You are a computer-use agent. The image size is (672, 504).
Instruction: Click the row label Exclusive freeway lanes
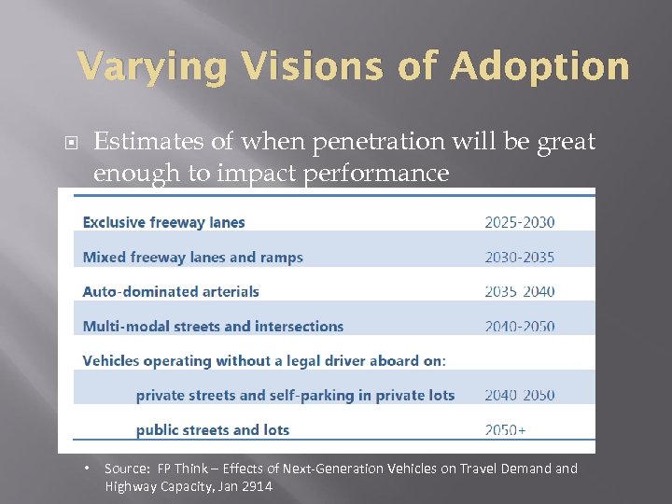[x=163, y=222]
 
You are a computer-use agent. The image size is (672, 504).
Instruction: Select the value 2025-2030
[x=519, y=222]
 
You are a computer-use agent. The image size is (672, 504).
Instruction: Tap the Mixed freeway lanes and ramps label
[x=192, y=257]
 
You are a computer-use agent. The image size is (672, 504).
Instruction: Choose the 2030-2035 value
[x=519, y=257]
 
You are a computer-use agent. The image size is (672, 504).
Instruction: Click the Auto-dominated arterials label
[x=171, y=291]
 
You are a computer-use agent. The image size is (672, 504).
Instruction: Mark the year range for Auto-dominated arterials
[x=519, y=291]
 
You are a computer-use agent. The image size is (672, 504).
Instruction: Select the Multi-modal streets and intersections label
[x=213, y=327]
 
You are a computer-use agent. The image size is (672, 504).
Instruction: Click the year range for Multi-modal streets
[x=519, y=327]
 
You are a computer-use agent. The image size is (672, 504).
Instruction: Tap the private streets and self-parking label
[x=295, y=395]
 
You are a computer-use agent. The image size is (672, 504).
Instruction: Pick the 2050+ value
[x=505, y=430]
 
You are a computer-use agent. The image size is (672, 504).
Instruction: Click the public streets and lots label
[x=212, y=430]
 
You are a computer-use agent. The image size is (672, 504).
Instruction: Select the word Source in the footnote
[x=126, y=469]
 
